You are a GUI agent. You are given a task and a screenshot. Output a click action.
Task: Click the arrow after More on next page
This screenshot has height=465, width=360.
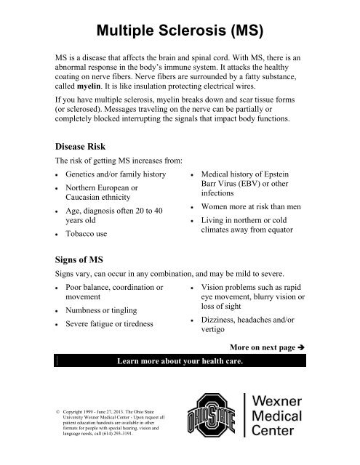[x=309, y=348]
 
